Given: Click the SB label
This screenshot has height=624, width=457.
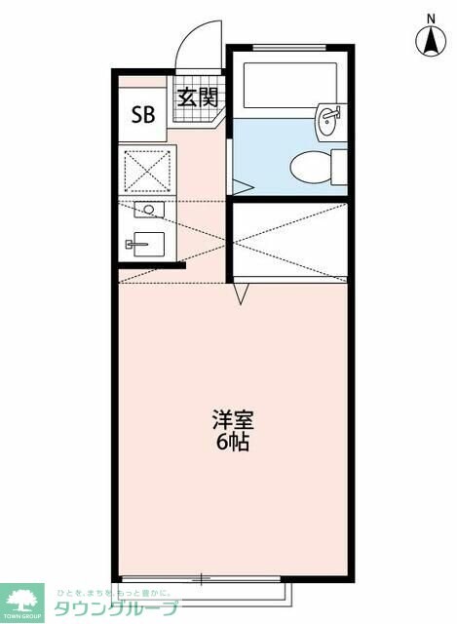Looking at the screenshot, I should (x=143, y=113).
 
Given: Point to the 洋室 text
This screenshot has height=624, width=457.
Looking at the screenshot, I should (x=233, y=421).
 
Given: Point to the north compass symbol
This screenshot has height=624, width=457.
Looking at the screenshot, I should (x=430, y=41).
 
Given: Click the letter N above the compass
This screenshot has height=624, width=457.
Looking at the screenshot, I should (x=430, y=17).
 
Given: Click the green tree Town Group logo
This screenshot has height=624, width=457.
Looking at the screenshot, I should (x=22, y=601).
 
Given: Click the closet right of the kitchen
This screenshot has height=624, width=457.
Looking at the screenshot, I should (x=290, y=241).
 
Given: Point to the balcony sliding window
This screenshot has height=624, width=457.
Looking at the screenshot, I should (x=203, y=579).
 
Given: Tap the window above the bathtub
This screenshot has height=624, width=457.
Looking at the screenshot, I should (x=289, y=47).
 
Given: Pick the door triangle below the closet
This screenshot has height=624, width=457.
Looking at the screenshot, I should (x=242, y=292).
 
